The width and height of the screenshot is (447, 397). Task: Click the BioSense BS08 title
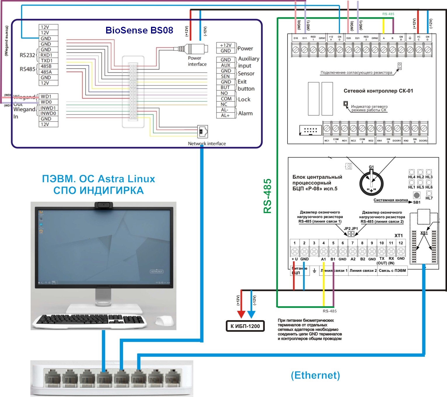[x=139, y=30]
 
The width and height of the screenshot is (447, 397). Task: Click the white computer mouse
[x=165, y=321]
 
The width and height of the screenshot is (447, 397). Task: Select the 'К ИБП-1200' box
[x=245, y=326]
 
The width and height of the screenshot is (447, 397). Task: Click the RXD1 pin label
[x=46, y=55]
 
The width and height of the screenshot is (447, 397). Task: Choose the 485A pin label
[x=46, y=72]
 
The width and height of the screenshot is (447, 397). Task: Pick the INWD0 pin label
[x=48, y=113]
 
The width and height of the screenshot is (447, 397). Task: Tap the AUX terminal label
[x=225, y=65]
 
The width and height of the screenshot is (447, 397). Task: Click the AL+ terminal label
[x=225, y=115]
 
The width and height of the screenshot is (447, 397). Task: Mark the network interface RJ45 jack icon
[x=203, y=132]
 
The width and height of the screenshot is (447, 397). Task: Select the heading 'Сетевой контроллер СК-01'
[x=378, y=91]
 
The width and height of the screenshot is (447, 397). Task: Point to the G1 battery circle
[x=371, y=184]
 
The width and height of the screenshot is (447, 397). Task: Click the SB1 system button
[x=417, y=195]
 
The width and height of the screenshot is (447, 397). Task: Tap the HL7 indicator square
[x=429, y=193]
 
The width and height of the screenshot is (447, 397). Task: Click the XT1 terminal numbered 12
[x=401, y=251]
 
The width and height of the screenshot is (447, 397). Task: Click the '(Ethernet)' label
[x=315, y=375]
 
